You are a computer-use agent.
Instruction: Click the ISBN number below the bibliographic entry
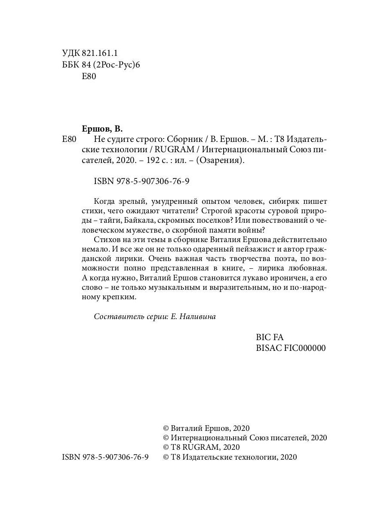coord(141,181)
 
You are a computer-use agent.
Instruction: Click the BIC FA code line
coord(270,338)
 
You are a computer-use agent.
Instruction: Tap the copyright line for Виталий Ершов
coord(206,428)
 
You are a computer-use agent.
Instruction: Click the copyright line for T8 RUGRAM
coord(196,447)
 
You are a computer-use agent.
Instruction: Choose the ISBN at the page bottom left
coord(105,458)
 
